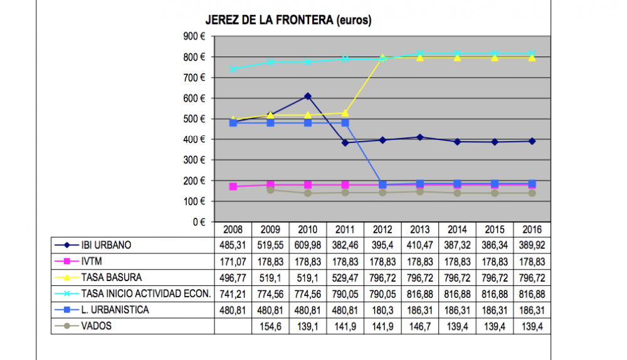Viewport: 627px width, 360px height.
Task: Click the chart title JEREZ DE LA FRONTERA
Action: tap(288, 21)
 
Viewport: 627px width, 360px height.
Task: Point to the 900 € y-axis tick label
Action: tap(195, 36)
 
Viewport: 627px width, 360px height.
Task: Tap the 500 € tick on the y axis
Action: tap(195, 119)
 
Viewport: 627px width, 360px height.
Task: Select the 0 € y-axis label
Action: tap(199, 222)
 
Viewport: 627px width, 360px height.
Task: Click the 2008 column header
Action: tap(233, 230)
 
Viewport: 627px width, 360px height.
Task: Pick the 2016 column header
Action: tap(532, 230)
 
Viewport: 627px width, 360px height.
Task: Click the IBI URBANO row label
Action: tap(106, 245)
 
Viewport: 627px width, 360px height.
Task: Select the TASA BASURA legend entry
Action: tap(112, 278)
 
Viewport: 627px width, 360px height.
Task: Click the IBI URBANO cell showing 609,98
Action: tap(307, 245)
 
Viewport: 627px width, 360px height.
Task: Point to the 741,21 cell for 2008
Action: tap(233, 294)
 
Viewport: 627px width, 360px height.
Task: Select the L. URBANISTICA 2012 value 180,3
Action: tap(382, 310)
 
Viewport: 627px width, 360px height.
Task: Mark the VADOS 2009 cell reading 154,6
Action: tap(270, 326)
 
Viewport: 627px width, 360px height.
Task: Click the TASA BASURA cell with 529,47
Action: tap(345, 278)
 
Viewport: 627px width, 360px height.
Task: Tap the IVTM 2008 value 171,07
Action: tap(233, 262)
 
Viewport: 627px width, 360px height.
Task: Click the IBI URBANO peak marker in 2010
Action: tap(307, 97)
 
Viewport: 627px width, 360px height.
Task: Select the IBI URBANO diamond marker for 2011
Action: tap(345, 143)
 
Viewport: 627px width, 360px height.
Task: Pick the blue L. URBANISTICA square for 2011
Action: tap(345, 124)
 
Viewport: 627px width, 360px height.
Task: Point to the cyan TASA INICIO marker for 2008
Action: tap(233, 69)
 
